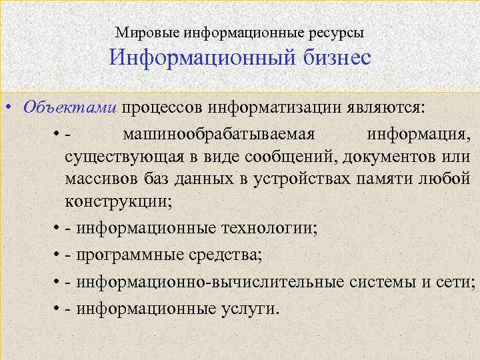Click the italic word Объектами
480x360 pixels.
[x=69, y=107]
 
